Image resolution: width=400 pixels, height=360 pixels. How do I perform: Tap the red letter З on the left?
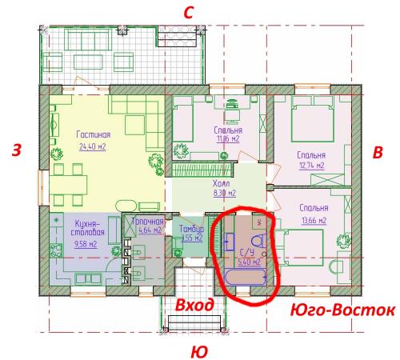tap(16, 150)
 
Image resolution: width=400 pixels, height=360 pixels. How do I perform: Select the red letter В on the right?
tap(379, 151)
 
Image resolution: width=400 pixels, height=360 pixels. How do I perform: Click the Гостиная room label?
tap(93, 135)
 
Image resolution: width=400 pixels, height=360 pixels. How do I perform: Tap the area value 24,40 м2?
tap(93, 146)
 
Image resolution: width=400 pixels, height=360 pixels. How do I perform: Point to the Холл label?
tap(222, 182)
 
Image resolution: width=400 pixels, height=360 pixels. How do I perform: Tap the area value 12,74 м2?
tap(310, 166)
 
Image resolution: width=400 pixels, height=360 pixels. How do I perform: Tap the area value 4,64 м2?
tap(147, 231)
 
